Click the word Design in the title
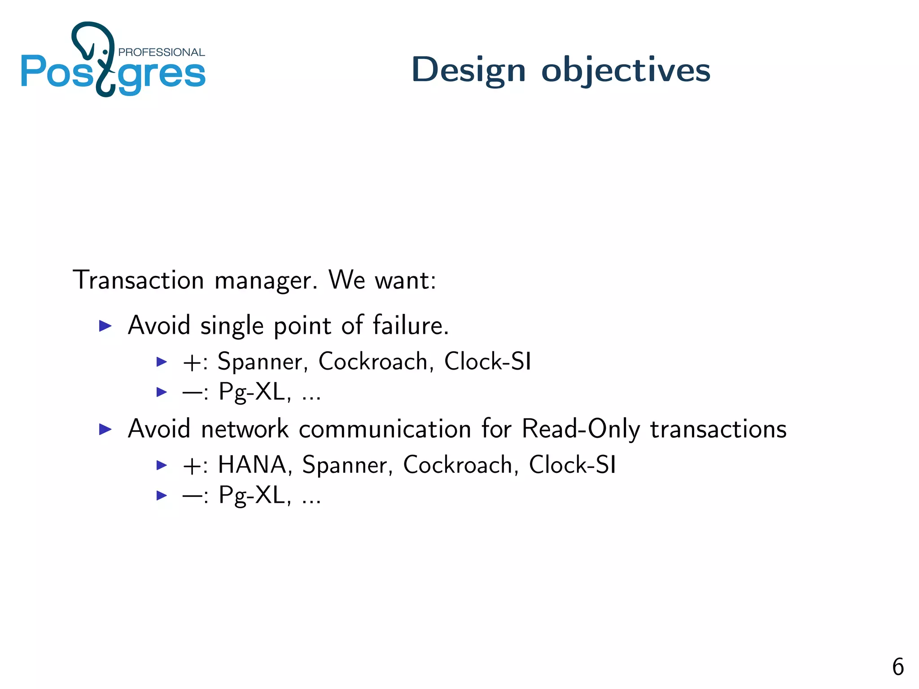coord(468,70)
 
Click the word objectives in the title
coord(626,70)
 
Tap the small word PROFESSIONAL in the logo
coord(161,52)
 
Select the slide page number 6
coord(897,667)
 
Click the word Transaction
coord(138,280)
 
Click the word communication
coord(385,429)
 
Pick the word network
coord(245,429)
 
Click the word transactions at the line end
coord(718,429)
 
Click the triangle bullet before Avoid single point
coord(105,326)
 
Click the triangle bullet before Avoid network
coord(105,430)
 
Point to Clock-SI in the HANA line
coord(572,465)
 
